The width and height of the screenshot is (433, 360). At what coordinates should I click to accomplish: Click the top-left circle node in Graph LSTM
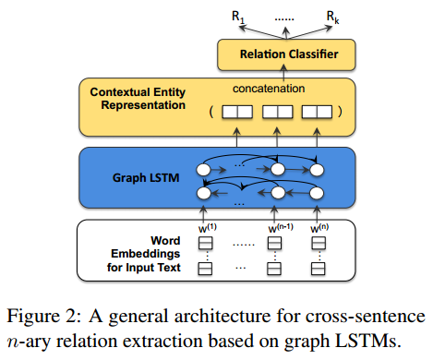205,169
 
